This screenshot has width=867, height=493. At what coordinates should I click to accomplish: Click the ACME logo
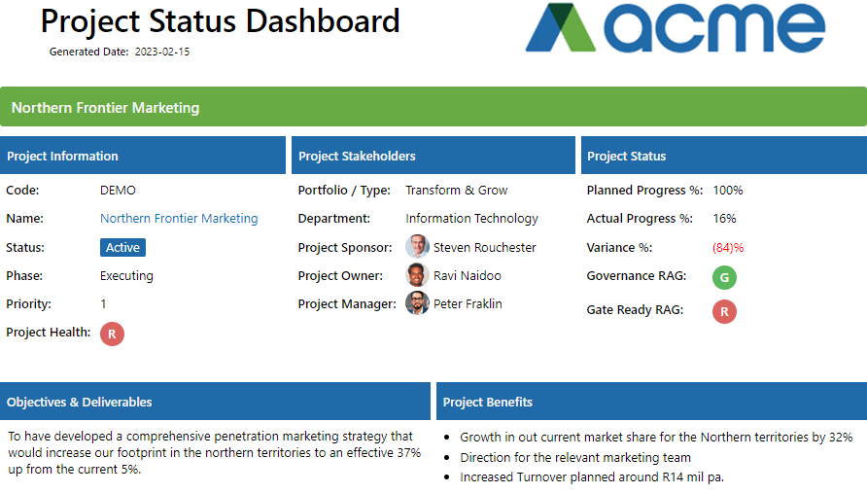tap(675, 28)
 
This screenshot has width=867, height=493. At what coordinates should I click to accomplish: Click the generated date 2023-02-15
tap(162, 52)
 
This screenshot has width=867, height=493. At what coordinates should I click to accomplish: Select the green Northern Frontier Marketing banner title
tap(105, 108)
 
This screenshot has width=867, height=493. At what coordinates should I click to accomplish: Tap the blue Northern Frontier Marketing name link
tap(179, 219)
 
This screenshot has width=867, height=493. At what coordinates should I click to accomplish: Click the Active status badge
tap(122, 248)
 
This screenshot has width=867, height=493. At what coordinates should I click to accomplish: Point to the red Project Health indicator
tap(113, 334)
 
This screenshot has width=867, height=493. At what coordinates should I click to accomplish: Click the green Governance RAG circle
tap(724, 277)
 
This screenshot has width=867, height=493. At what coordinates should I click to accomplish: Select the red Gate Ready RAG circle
tap(724, 311)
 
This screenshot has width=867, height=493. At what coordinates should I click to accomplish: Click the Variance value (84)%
tap(728, 248)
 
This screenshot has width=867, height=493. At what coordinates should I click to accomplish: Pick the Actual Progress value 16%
tap(724, 219)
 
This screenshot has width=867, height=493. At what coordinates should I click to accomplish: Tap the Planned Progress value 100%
tap(728, 191)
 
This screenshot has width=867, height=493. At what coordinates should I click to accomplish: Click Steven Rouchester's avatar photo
tap(418, 247)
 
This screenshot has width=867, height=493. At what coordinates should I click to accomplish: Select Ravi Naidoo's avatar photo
tap(418, 275)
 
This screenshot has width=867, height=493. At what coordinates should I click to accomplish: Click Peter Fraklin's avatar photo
tap(418, 303)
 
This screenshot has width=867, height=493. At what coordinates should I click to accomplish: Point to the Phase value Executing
tap(126, 276)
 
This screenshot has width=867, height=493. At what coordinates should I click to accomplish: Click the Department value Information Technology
tap(471, 219)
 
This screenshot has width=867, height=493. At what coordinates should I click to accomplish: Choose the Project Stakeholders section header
tap(357, 156)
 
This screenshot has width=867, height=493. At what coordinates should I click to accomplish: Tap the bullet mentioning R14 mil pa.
tap(592, 476)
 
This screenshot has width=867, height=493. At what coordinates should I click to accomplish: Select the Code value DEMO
tap(118, 191)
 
